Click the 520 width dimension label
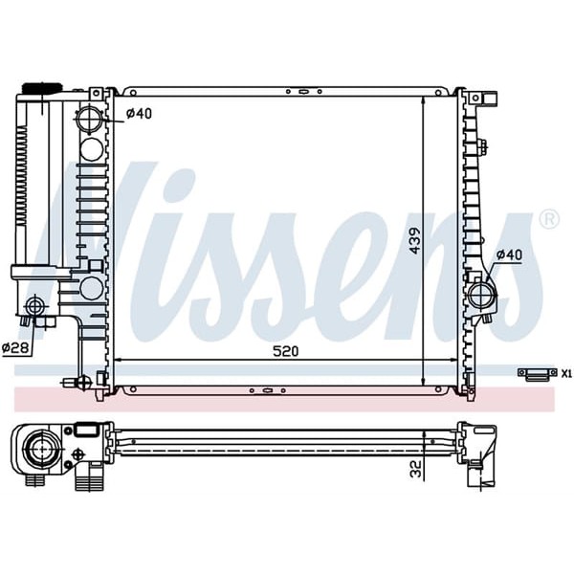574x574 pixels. click(x=285, y=351)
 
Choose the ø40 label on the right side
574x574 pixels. click(x=509, y=254)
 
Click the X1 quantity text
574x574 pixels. click(x=565, y=372)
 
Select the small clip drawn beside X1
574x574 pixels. click(x=537, y=372)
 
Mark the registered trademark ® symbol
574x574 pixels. click(x=549, y=220)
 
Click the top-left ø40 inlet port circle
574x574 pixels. click(x=91, y=121)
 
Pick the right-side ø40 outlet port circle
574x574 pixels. click(x=480, y=293)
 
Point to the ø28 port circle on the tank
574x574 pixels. click(x=35, y=307)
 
